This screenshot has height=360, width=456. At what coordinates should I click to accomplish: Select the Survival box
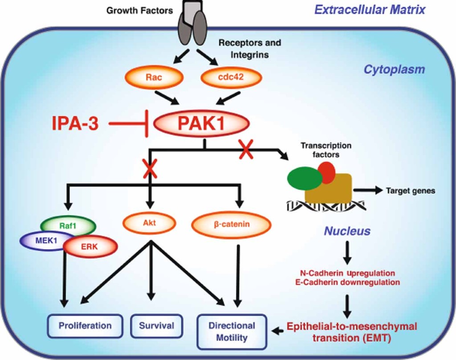pos(152,326)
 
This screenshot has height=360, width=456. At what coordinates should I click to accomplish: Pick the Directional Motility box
pos(232,331)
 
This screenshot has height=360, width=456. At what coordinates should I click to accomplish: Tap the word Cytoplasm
pos(394,70)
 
